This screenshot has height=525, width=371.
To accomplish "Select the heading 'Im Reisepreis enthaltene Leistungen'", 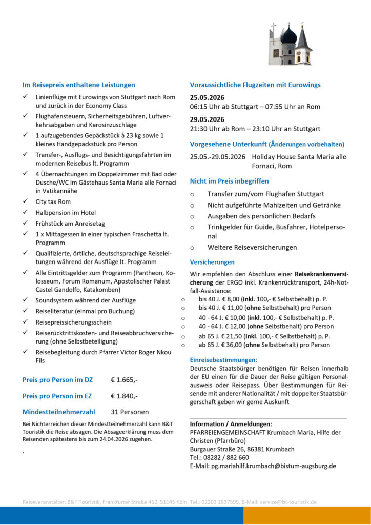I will [x=78, y=85].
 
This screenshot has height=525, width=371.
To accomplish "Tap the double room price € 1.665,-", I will [x=124, y=380].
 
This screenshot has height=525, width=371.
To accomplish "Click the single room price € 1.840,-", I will [x=124, y=396].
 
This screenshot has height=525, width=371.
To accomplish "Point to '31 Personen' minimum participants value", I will [x=130, y=412].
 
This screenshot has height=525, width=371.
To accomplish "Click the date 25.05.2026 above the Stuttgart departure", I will [x=207, y=97].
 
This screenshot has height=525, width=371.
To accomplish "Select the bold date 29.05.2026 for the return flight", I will [x=207, y=119].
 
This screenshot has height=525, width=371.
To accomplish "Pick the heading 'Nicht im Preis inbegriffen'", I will [x=229, y=181].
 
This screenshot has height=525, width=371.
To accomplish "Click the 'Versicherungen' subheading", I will [x=212, y=262].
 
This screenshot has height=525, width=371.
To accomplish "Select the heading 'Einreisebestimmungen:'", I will [x=223, y=360].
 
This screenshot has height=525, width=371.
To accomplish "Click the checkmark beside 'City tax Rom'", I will [x=26, y=201].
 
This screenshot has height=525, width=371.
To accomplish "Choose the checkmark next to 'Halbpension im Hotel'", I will [x=26, y=212].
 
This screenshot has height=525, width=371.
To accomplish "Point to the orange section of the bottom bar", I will [x=307, y=515].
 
